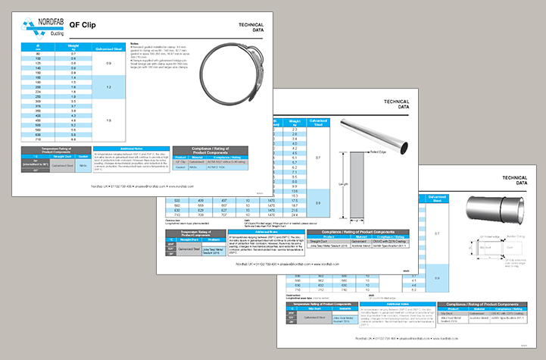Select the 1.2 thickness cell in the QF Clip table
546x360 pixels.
pos(110,88)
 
